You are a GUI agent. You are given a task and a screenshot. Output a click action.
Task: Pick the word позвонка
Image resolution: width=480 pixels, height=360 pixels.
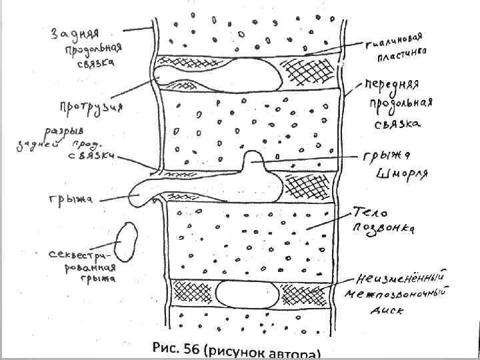point(385,229)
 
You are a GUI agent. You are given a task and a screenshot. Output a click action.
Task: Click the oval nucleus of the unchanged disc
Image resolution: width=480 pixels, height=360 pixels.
point(248,293)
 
